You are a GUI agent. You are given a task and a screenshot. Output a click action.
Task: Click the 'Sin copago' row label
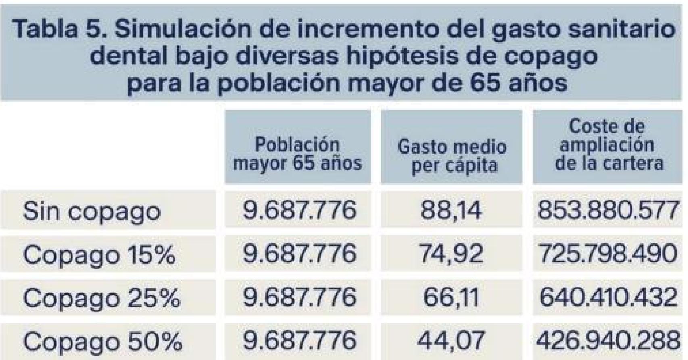tap(92, 210)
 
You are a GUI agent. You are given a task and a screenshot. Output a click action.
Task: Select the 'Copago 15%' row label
tap(99, 254)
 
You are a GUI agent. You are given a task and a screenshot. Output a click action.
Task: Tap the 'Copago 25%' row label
tap(101, 298)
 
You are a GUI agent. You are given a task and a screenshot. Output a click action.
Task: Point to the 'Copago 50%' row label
tap(102, 341)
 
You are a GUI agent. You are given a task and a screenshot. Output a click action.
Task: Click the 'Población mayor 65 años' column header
tap(298, 154)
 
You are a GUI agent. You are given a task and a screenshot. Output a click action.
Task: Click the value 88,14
tap(451, 210)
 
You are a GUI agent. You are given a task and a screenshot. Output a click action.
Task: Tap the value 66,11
tap(451, 298)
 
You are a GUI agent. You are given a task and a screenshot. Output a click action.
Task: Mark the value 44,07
tap(451, 341)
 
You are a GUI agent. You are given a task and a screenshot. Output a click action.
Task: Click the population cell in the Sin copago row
tap(299, 210)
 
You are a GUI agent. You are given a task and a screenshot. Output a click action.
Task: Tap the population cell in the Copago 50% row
tap(299, 341)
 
